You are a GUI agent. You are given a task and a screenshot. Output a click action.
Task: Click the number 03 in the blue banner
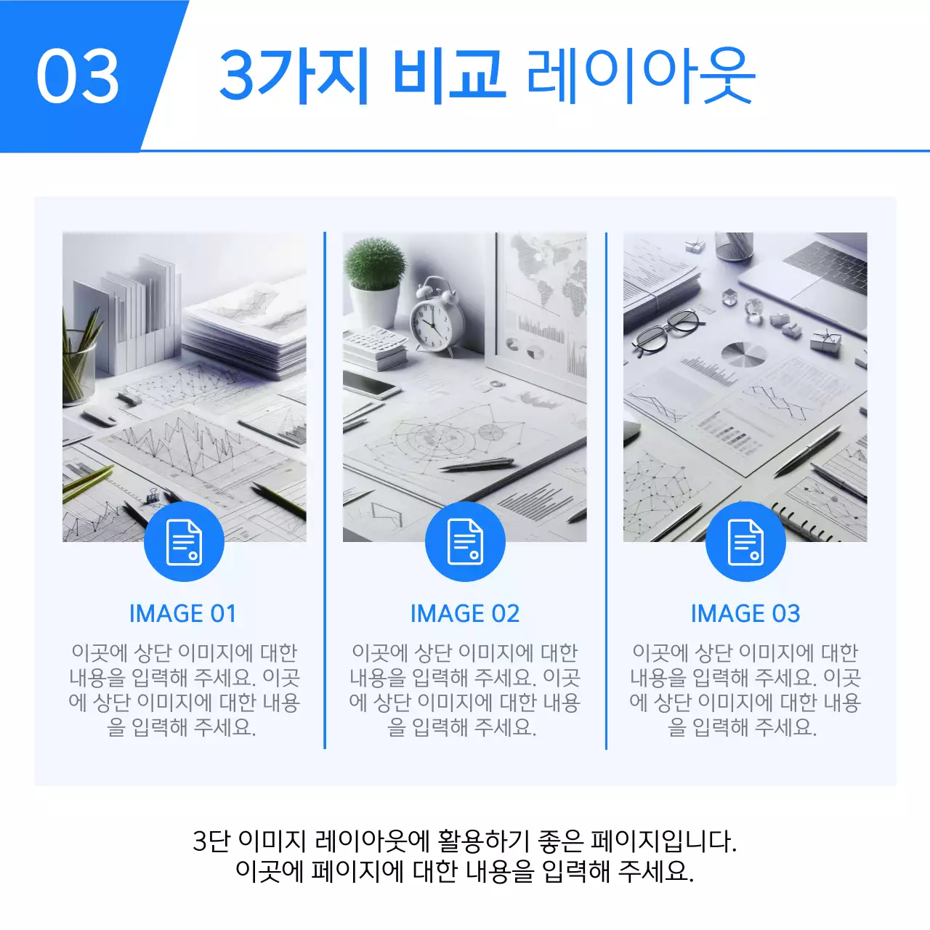[78, 76]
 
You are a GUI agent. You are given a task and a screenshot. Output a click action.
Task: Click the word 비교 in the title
[448, 74]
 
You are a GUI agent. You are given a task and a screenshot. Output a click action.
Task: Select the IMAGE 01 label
[183, 614]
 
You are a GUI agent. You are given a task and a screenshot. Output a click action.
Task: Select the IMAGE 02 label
[465, 614]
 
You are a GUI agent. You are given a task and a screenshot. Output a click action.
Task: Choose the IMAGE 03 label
[745, 614]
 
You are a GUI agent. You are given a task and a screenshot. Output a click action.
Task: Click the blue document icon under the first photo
[184, 542]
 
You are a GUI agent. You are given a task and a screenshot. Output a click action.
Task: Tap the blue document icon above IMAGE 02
[465, 542]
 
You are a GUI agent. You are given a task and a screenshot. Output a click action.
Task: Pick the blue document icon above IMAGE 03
[745, 542]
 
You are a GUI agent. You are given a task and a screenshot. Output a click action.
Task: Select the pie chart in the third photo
[743, 354]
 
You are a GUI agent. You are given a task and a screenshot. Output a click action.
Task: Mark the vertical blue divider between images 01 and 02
[325, 490]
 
